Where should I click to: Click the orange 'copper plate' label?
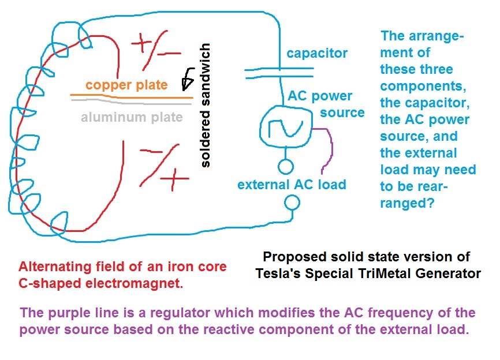coord(126,85)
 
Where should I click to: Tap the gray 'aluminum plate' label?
coord(132,117)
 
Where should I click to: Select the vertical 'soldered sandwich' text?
coord(205,106)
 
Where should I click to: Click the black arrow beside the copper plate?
coord(188,78)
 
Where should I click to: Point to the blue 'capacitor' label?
coord(317,53)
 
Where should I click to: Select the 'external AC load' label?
coord(292,185)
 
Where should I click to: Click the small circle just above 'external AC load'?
coord(286,167)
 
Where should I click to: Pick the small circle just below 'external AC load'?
coord(292,202)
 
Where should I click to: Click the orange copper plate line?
coord(132,96)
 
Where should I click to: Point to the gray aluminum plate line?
coord(131,102)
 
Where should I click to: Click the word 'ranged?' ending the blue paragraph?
coord(407,203)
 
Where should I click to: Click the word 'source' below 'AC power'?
coord(342,112)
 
